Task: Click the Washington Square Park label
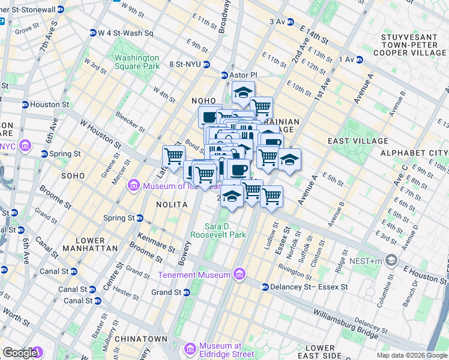137,62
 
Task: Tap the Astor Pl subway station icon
224,75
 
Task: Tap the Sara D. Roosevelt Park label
226,230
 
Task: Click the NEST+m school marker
392,260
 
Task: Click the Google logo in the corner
20,353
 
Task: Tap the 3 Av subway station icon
290,22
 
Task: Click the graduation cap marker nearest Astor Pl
243,93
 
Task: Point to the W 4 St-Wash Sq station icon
92,32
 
